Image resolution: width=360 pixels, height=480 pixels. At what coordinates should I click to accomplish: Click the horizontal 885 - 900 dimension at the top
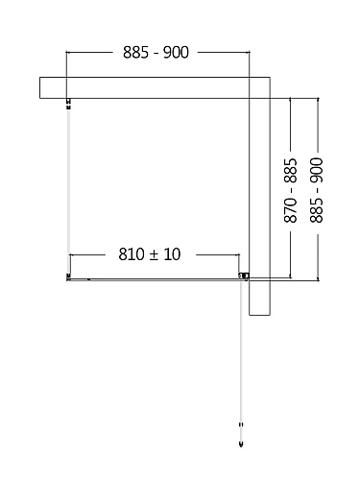point(155,52)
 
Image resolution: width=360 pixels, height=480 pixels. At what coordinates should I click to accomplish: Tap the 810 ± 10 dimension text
point(149,254)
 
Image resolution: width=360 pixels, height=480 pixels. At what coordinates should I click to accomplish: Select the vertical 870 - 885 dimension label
point(291,191)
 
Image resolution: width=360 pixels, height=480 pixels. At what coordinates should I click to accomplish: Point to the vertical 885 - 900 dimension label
point(318,191)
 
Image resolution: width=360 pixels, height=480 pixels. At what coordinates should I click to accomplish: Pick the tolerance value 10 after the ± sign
point(172,254)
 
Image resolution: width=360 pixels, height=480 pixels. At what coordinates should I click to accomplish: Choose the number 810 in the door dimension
point(131,254)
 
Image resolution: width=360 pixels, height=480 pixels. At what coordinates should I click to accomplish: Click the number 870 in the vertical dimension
point(291,210)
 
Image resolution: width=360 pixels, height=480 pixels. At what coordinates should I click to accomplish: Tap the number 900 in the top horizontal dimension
point(175,52)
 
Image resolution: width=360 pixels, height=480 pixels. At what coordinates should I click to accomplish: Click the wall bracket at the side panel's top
point(68,104)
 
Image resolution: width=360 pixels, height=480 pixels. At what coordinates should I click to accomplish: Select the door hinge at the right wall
point(244,277)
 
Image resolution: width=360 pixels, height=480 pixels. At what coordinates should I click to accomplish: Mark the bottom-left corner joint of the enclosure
point(68,278)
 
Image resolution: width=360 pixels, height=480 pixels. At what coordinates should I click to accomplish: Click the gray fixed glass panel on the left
point(68,192)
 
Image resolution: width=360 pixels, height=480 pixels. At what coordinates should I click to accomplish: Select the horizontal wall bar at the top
point(144,87)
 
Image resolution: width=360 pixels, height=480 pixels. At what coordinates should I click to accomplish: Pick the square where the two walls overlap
point(260,87)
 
